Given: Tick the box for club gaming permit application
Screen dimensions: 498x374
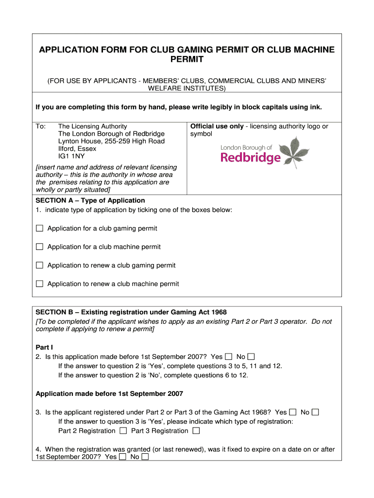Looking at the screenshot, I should click(x=39, y=228).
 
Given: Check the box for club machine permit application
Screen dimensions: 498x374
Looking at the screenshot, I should click(x=39, y=247).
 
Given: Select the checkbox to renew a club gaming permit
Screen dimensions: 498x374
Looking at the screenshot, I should click(x=39, y=265).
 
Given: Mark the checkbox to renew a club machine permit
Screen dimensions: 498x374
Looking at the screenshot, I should click(x=39, y=284).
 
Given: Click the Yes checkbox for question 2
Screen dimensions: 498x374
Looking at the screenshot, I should click(x=229, y=356).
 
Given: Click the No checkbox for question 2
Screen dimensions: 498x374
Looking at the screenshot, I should click(x=251, y=356).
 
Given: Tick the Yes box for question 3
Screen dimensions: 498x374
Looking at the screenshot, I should click(x=293, y=412).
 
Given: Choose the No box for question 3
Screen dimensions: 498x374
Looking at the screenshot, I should click(x=315, y=412).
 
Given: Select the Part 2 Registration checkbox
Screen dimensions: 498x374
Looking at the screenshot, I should click(x=123, y=430).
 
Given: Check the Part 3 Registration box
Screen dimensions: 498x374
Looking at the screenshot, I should click(x=196, y=430).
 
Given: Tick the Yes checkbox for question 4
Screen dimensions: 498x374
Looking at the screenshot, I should click(x=123, y=457).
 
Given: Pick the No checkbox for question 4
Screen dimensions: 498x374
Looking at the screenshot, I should click(x=145, y=457).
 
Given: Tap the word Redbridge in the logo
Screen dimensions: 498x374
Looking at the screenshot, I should click(x=251, y=158).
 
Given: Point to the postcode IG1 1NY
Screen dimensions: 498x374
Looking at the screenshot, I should click(x=71, y=156).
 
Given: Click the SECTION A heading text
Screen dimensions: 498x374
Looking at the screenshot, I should click(x=90, y=200).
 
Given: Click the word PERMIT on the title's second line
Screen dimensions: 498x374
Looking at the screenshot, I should click(x=187, y=60).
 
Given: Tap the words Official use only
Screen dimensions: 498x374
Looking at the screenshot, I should click(x=217, y=126).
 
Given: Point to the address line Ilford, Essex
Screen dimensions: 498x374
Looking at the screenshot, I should click(x=77, y=148).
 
